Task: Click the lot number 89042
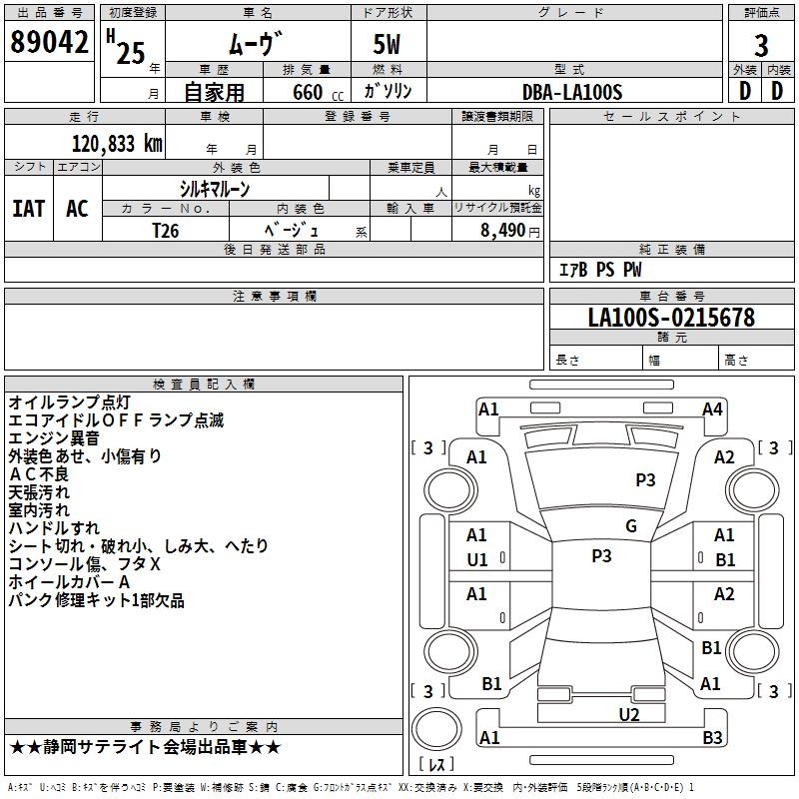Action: click(x=49, y=44)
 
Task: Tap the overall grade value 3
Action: click(x=761, y=45)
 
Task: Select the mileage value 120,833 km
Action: click(x=116, y=144)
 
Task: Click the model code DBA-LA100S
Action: click(x=572, y=92)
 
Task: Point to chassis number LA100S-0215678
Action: click(x=671, y=319)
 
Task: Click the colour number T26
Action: click(x=166, y=230)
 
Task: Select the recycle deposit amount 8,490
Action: click(x=503, y=231)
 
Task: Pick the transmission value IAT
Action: click(x=28, y=209)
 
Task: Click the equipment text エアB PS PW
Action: click(x=599, y=270)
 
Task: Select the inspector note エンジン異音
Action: click(x=54, y=438)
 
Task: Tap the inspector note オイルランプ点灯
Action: click(x=69, y=402)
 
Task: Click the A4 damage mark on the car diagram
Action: click(x=712, y=408)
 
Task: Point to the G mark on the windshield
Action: click(x=631, y=526)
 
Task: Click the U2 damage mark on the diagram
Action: click(x=628, y=714)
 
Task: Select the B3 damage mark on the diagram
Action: click(x=712, y=738)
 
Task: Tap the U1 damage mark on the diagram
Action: click(x=477, y=559)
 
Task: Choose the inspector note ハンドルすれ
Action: click(x=54, y=527)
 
